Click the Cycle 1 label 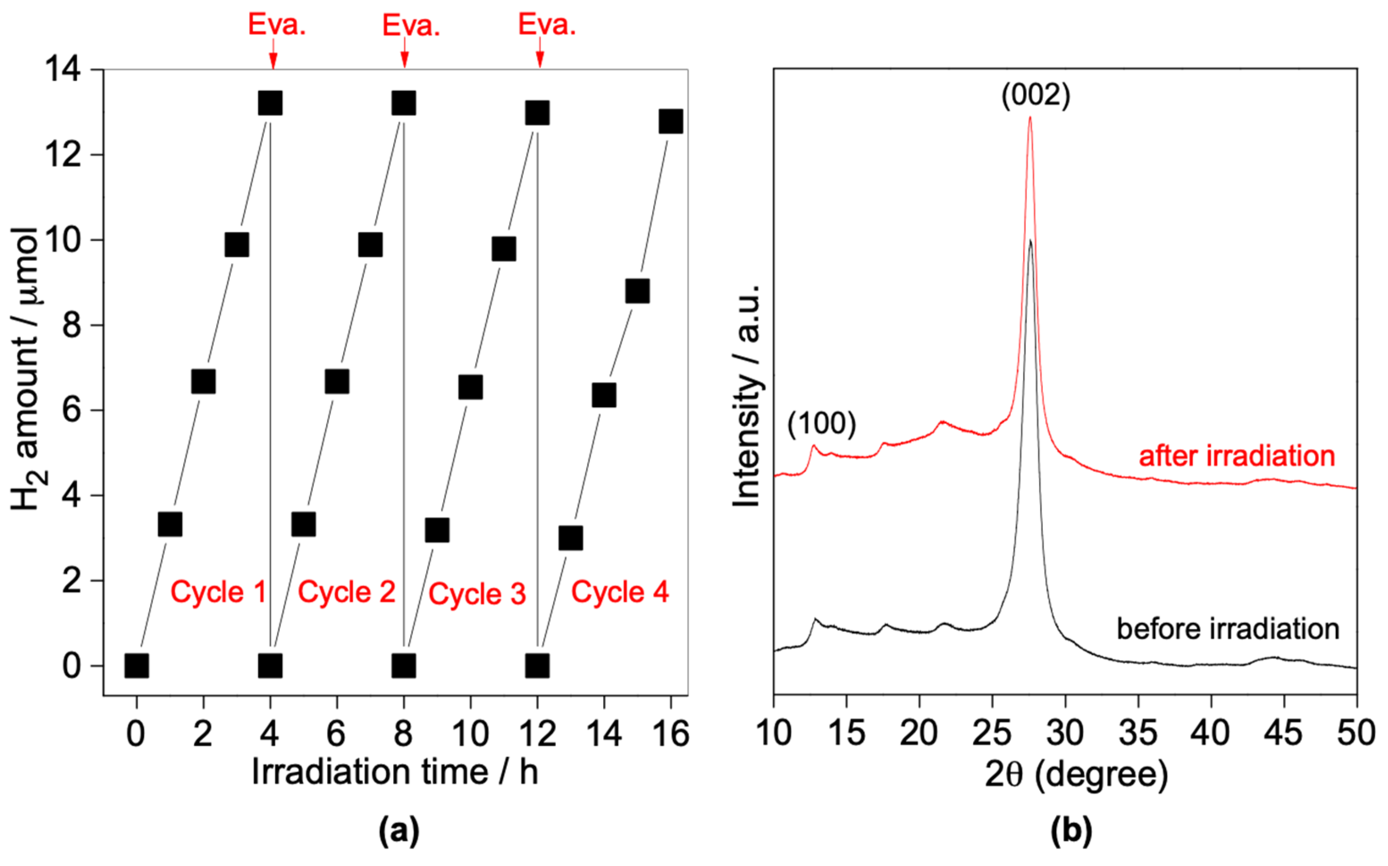218,592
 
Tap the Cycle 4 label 620,592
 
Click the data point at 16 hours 671,122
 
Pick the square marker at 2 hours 203,382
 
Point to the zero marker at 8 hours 404,665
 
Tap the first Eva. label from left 277,25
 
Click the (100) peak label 821,423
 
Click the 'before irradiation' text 1228,628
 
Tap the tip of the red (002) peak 1030,118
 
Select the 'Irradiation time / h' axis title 395,772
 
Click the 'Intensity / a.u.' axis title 746,395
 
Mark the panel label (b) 1071,831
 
